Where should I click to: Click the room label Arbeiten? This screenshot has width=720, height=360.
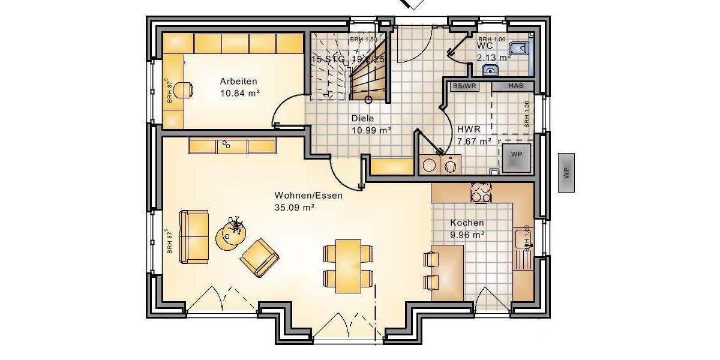coord(238,82)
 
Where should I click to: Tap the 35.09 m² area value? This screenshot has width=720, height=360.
coord(295,208)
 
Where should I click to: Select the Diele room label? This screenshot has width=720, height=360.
coord(362,119)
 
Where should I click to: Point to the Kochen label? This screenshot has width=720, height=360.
coord(467,223)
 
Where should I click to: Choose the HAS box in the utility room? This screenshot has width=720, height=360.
coord(515,86)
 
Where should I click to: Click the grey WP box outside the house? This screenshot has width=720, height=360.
coord(566,172)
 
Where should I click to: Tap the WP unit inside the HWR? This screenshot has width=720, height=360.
coord(517,155)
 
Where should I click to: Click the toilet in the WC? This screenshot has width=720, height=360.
coord(520,49)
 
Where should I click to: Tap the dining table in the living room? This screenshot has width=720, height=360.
coord(348,265)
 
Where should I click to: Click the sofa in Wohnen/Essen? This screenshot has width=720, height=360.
coord(194,236)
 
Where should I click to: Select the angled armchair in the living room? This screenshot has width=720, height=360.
coord(259,257)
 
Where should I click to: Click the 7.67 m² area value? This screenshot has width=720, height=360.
coord(474,141)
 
